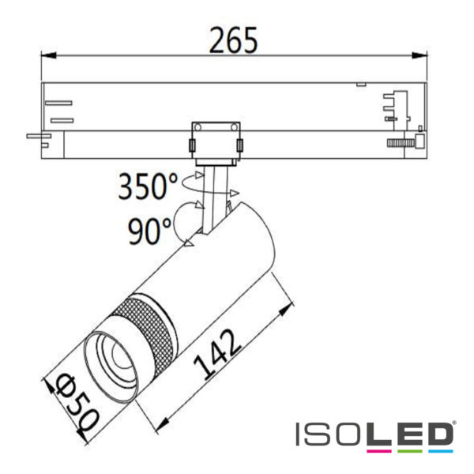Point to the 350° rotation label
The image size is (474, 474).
coord(149,187)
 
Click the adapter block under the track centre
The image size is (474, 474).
coord(214,142)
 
